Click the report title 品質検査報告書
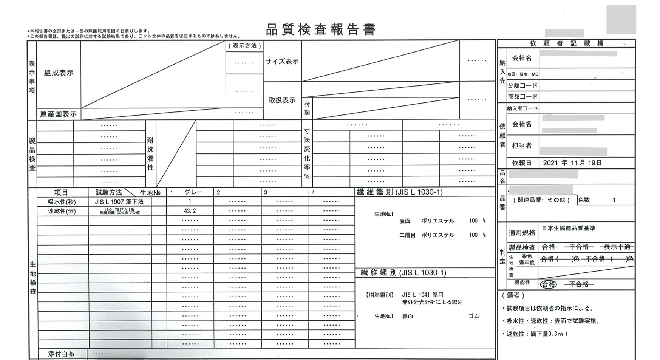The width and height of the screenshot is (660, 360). [321, 29]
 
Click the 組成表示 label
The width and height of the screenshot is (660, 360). [59, 73]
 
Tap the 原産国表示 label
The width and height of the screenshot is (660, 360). [58, 114]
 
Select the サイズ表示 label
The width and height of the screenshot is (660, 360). [282, 62]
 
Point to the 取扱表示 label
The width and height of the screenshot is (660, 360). [282, 100]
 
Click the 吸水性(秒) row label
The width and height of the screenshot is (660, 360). [62, 202]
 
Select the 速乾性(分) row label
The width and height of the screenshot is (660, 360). [62, 211]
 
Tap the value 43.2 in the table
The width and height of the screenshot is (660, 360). [190, 211]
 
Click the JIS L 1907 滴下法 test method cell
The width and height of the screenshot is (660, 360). [119, 202]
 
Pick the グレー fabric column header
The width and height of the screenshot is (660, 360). [193, 192]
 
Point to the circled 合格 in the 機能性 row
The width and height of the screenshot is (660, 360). [548, 284]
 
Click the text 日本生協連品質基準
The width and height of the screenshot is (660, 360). [568, 228]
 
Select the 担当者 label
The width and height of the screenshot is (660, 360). [522, 146]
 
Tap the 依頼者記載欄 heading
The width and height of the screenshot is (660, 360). [566, 43]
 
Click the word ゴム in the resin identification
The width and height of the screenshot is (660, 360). [474, 316]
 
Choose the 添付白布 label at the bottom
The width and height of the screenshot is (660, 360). [61, 354]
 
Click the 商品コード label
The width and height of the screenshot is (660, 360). [522, 97]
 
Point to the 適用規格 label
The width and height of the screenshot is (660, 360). [522, 233]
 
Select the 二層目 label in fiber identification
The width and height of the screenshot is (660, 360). [407, 235]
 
